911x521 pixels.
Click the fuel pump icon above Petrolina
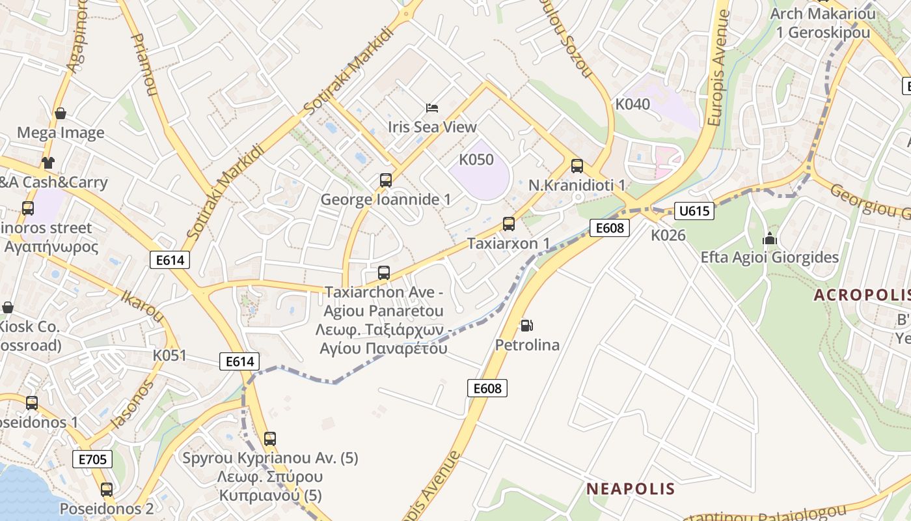pos(526,325)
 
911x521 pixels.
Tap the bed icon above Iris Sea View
pos(432,107)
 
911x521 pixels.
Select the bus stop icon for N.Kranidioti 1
pos(577,165)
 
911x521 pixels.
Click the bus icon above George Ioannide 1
pos(386,180)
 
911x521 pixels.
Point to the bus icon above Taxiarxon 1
pos(509,224)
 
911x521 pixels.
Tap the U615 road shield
pos(694,211)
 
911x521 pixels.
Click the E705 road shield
pos(92,459)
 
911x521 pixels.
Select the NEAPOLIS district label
pos(621,488)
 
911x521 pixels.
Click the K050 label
pos(476,160)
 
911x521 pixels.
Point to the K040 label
pos(632,104)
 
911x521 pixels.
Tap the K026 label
pos(668,235)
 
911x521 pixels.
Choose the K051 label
pos(169,356)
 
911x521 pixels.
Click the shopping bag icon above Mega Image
pos(61,113)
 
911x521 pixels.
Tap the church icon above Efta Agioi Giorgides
pos(770,238)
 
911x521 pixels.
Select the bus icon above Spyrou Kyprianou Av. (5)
pos(270,438)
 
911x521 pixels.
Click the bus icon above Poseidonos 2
pos(107,489)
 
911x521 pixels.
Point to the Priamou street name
pos(145,65)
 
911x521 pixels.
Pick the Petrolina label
pos(527,345)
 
